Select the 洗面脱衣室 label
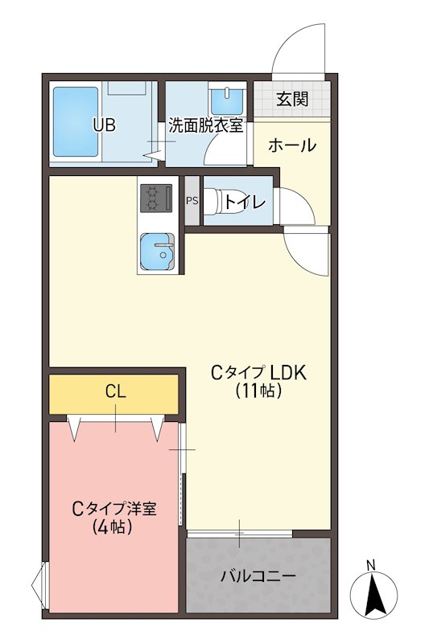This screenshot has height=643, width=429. (x=205, y=126)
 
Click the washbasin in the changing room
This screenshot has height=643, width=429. (x=227, y=102)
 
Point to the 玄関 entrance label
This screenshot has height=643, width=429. (x=292, y=100)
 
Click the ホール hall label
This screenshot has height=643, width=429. (x=291, y=145)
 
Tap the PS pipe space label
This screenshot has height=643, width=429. (x=192, y=201)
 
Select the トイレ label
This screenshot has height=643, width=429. (x=245, y=202)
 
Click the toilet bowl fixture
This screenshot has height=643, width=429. (x=212, y=201)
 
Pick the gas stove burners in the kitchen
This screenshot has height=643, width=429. (x=155, y=198)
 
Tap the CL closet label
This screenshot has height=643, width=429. (x=115, y=392)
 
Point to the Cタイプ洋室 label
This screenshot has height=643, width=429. (x=114, y=509)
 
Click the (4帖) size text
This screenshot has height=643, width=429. (x=113, y=528)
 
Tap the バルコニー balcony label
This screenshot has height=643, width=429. (x=258, y=576)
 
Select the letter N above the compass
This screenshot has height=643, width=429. (x=370, y=565)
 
